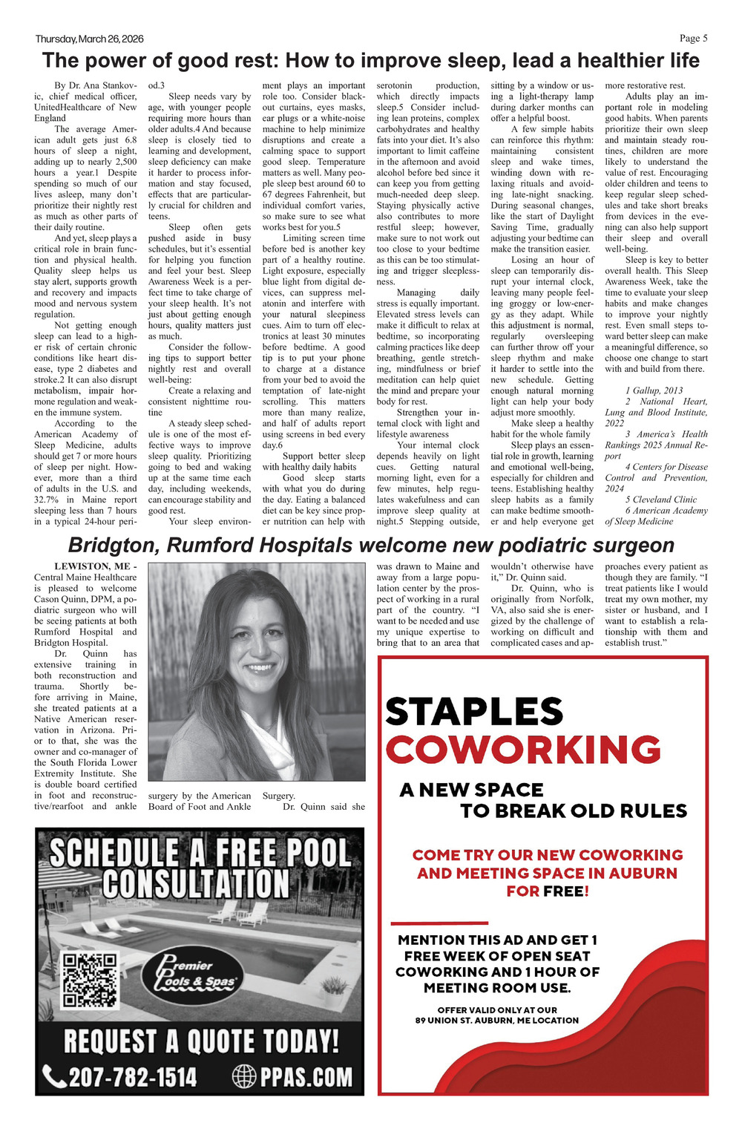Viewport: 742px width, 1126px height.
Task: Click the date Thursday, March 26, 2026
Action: (x=89, y=39)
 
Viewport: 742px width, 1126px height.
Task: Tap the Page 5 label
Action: (x=693, y=39)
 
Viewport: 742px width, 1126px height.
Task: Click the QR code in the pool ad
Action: (x=90, y=979)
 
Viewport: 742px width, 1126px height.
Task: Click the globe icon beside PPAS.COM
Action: (x=244, y=1076)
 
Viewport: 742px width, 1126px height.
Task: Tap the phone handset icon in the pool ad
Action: (x=53, y=1076)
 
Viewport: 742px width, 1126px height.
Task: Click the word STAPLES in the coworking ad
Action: (x=474, y=712)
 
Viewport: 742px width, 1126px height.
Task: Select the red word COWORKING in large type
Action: (x=523, y=749)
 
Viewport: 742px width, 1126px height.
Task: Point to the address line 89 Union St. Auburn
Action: (x=496, y=1020)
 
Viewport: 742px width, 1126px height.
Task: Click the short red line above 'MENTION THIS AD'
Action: (x=439, y=923)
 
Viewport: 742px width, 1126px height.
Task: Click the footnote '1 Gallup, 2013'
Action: (x=654, y=390)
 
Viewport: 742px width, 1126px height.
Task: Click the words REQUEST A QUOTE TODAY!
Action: (x=200, y=1041)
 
